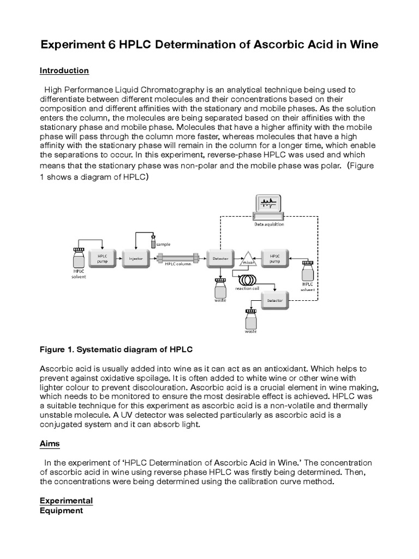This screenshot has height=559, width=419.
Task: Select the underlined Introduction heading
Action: click(64, 70)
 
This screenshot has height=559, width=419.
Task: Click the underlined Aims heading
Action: click(50, 444)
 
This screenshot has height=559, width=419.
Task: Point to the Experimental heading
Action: click(66, 501)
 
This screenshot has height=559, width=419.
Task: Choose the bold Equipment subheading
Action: click(61, 510)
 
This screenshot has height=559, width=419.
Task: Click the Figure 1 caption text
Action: click(116, 348)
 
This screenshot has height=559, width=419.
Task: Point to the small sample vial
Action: click(154, 241)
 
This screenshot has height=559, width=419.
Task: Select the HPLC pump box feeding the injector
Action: click(103, 258)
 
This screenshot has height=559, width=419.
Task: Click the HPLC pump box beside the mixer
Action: click(275, 258)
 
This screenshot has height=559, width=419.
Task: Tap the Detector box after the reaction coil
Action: click(275, 300)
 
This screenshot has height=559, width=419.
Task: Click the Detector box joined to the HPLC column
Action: click(220, 258)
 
